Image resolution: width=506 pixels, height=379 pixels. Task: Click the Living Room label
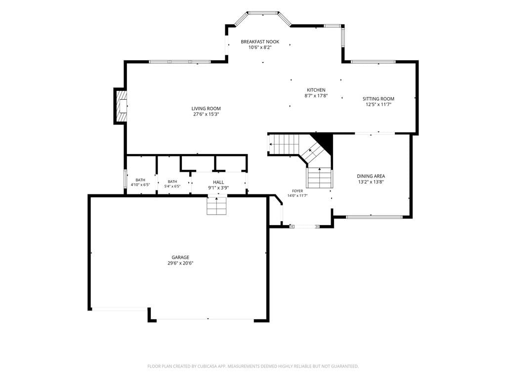click(206, 109)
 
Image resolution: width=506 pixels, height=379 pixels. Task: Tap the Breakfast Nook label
click(260, 41)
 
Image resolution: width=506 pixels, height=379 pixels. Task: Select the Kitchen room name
click(316, 90)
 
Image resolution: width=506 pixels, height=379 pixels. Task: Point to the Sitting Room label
click(379, 99)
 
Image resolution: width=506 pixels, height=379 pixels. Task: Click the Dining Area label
click(371, 176)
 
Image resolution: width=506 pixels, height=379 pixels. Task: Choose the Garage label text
click(180, 257)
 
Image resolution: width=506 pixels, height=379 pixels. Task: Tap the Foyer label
click(297, 191)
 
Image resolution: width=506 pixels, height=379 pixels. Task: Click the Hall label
click(218, 183)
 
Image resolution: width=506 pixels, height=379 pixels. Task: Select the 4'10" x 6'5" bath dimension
click(140, 185)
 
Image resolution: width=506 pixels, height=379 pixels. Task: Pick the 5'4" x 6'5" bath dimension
click(172, 186)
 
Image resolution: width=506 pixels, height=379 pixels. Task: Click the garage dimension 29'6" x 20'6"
click(180, 263)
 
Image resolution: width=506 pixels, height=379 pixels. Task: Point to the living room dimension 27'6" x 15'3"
click(206, 114)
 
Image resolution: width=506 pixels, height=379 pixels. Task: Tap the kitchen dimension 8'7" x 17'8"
click(316, 96)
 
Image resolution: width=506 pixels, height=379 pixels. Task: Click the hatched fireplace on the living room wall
click(121, 106)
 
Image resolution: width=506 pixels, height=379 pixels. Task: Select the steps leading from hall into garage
click(216, 206)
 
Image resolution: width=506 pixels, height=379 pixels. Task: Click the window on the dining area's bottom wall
click(375, 217)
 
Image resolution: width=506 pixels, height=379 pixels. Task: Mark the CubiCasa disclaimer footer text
click(253, 367)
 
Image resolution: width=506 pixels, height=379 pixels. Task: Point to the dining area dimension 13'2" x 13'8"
click(371, 182)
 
